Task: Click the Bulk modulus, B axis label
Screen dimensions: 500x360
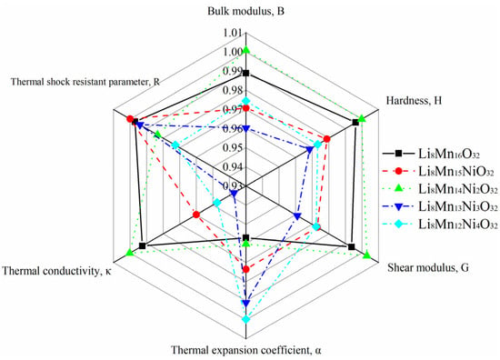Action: click(245, 12)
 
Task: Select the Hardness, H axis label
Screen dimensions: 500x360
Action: click(414, 101)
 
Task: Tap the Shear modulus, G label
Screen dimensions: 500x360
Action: click(428, 267)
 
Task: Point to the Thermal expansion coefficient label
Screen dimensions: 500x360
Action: click(246, 350)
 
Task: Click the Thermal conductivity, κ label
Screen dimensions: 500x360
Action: click(57, 271)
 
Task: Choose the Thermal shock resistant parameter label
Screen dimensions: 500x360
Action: click(85, 82)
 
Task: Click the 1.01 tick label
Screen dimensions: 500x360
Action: click(234, 33)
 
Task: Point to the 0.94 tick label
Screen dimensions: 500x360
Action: click(234, 166)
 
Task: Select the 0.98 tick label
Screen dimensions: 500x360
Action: click(234, 91)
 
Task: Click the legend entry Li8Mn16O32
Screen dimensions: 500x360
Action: click(431, 154)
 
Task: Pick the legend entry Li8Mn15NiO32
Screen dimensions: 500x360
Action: click(438, 172)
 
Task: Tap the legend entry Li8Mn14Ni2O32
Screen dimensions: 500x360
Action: click(440, 189)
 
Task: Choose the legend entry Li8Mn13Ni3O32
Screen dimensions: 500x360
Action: click(440, 207)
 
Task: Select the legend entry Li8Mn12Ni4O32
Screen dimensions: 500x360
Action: click(440, 225)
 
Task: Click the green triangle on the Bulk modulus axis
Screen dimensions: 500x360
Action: click(245, 49)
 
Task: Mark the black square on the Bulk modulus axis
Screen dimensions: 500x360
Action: click(245, 74)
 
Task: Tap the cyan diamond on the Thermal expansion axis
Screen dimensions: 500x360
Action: click(245, 319)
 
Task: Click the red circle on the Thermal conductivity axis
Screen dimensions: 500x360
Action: click(196, 215)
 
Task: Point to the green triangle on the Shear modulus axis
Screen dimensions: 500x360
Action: click(366, 255)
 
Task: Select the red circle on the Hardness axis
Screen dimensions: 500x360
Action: click(327, 139)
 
